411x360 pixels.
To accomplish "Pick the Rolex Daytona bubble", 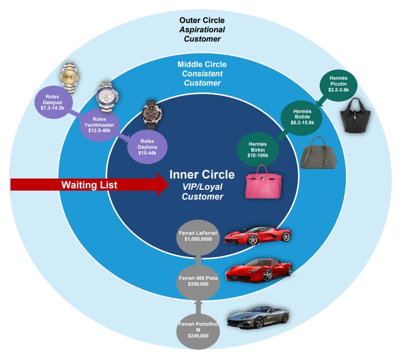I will tap(147, 146).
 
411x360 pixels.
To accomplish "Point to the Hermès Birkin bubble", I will tap(257, 148).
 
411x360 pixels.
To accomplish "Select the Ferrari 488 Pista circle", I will tap(198, 281).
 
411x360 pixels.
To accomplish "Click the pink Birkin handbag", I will tap(266, 182).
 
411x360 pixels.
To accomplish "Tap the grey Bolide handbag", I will tap(318, 152).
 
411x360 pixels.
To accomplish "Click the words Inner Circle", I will tap(202, 175).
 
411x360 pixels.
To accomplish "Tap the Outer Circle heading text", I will tap(202, 20).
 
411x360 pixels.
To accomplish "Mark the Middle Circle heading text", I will tap(202, 64).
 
